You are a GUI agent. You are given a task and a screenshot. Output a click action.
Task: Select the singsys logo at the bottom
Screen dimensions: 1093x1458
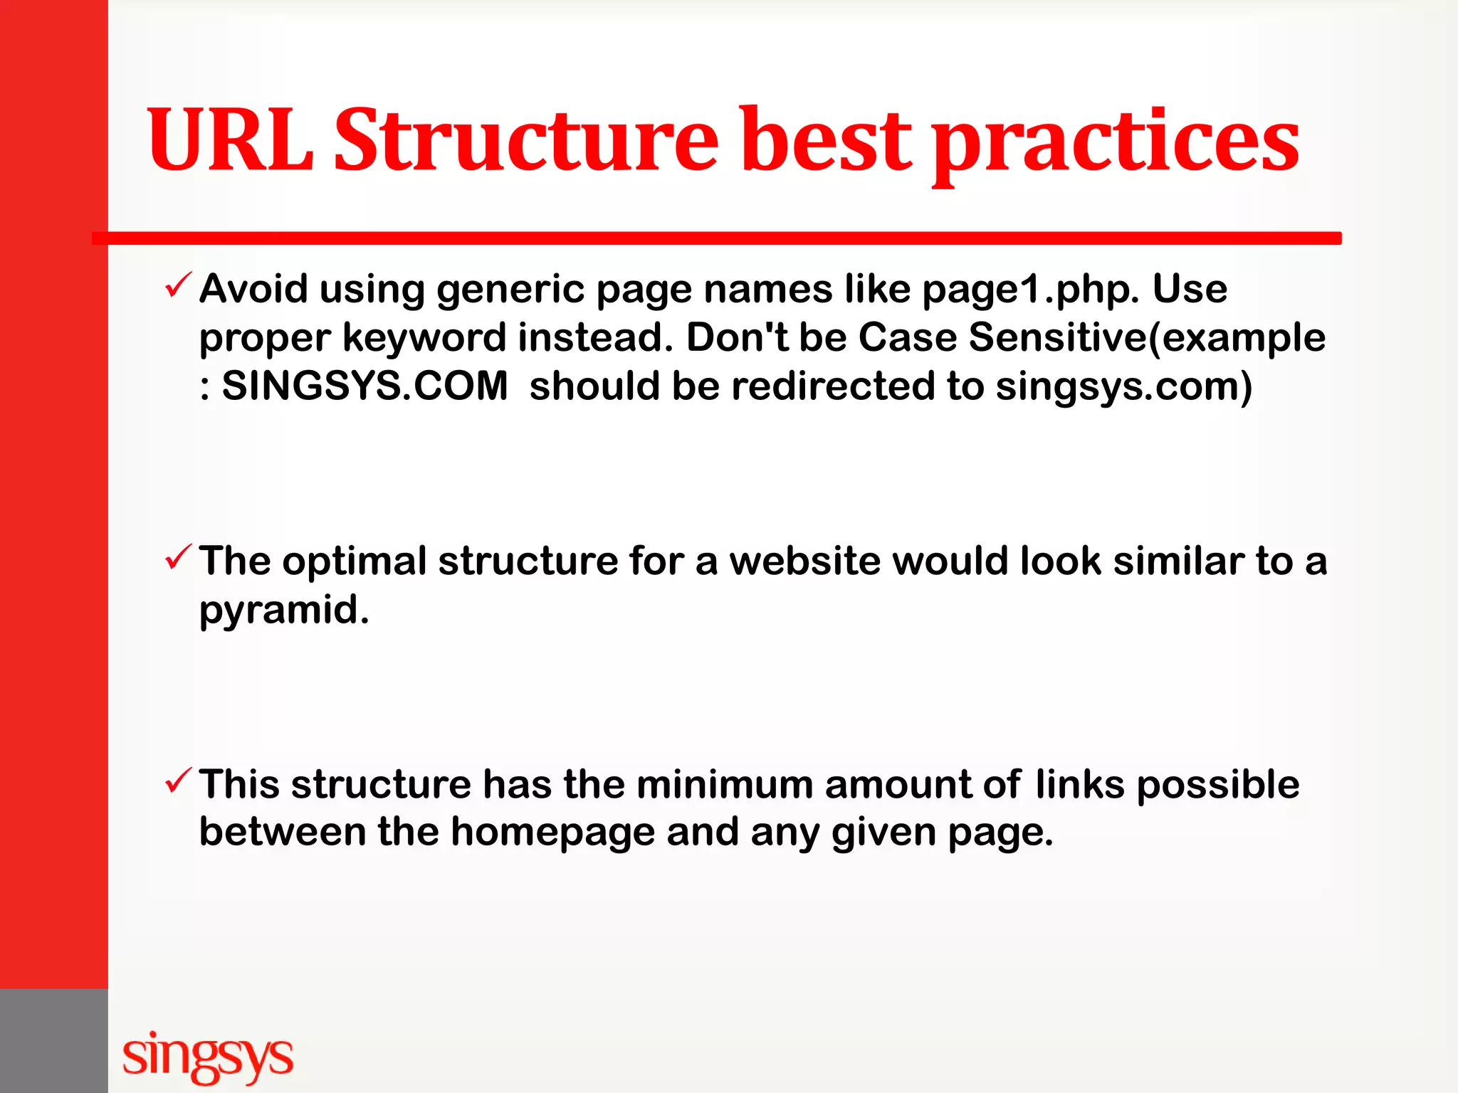[207, 1056]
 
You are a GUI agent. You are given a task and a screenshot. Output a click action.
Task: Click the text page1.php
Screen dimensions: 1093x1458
[1031, 290]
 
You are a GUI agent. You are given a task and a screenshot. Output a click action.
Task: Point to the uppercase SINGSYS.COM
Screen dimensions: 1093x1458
[364, 386]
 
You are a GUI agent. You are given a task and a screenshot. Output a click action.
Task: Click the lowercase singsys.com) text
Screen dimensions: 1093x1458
[1123, 387]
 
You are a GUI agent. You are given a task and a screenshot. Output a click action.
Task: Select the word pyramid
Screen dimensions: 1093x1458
[283, 611]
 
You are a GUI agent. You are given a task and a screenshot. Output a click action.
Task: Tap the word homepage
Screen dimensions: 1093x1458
[552, 833]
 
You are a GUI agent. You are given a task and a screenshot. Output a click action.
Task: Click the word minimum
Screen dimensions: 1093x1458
[725, 784]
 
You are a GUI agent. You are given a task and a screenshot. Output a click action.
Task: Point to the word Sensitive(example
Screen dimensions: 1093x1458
[1147, 337]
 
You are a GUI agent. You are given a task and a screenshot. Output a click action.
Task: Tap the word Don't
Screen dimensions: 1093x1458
[736, 337]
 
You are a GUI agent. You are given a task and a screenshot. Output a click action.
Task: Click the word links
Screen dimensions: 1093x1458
[1080, 784]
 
